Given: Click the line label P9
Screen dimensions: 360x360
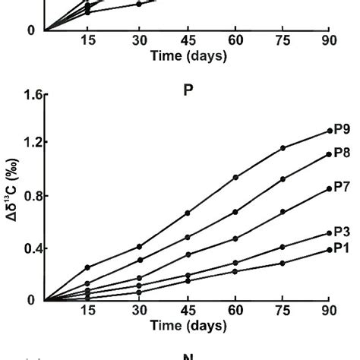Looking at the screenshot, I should [x=344, y=130].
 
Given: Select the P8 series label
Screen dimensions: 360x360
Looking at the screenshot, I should [x=344, y=153].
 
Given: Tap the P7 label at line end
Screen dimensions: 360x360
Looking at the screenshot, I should [x=344, y=188].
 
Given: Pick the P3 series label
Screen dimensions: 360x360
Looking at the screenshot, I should [x=344, y=232].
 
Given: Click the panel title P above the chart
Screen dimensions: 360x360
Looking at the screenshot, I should [x=188, y=90].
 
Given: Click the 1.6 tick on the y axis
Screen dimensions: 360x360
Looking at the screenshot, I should [x=28, y=96].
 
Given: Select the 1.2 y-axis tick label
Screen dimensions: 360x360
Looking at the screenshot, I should [x=28, y=143].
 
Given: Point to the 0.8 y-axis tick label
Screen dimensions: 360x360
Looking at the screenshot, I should [x=28, y=196].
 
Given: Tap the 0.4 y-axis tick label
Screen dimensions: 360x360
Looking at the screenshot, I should [x=28, y=248].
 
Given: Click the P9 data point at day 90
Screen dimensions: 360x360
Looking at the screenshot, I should [x=330, y=131].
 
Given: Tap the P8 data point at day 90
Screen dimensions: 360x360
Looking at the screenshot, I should [x=330, y=153].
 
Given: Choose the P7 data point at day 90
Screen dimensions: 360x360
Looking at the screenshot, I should [x=330, y=188].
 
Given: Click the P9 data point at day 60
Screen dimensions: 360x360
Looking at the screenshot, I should [x=235, y=177].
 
